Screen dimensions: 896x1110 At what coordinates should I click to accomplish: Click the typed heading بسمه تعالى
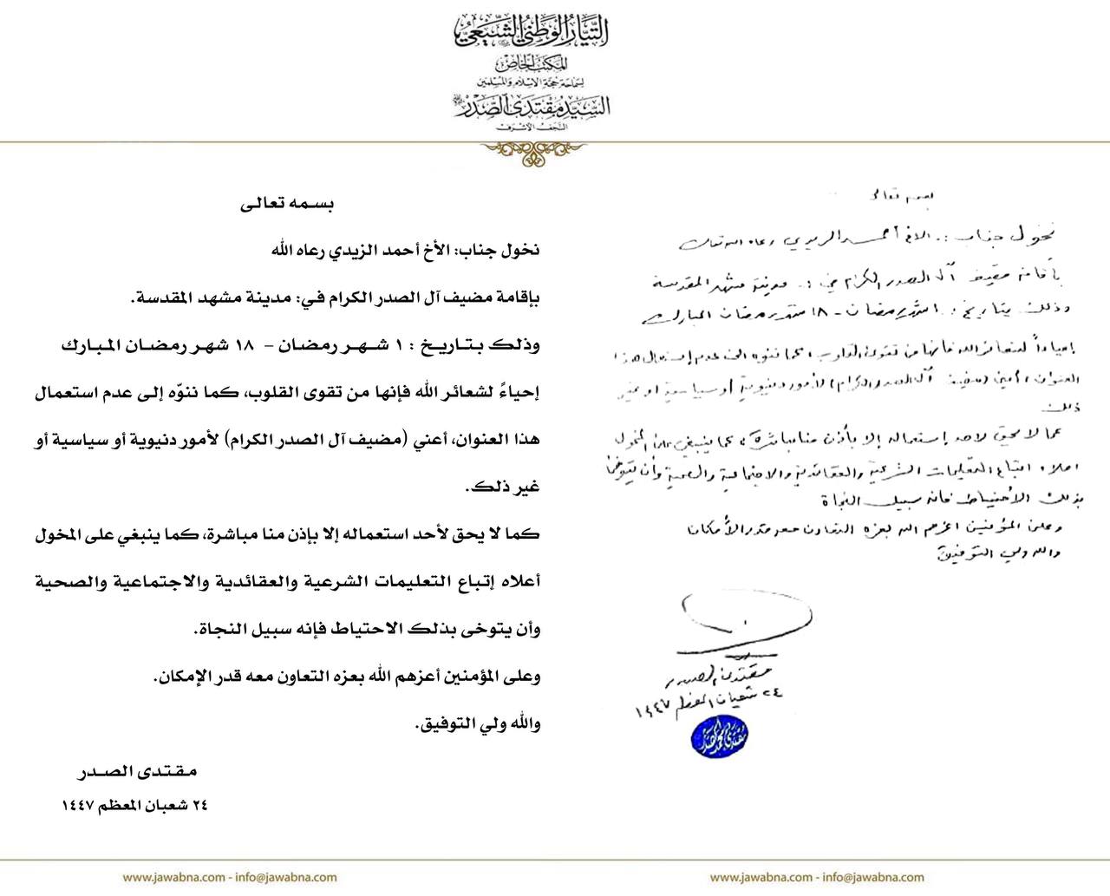[286, 206]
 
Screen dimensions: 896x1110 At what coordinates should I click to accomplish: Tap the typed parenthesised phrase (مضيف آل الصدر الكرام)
[322, 439]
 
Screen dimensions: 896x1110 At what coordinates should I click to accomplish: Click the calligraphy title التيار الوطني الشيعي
[532, 32]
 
